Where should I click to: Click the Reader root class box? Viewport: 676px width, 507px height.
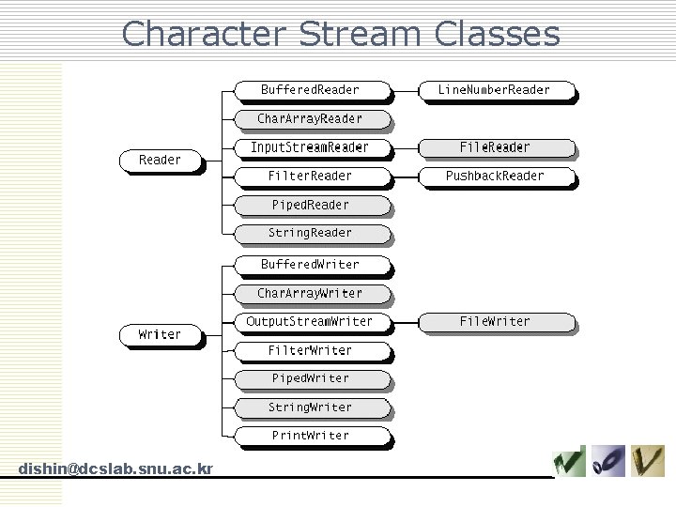point(161,161)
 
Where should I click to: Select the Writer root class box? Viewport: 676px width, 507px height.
point(161,334)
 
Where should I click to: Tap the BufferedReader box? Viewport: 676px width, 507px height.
point(310,90)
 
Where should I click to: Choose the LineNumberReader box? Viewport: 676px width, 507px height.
point(495,90)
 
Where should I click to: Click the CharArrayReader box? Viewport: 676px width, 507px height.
point(310,119)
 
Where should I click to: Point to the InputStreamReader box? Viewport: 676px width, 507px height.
point(310,147)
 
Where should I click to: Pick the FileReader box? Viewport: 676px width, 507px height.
point(495,147)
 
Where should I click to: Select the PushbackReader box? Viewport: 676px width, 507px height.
point(495,176)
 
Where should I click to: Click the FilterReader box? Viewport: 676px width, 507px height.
point(310,176)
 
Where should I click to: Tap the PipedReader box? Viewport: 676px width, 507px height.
point(310,205)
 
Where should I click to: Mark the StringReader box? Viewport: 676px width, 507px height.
point(310,233)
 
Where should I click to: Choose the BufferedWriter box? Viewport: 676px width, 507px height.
point(310,265)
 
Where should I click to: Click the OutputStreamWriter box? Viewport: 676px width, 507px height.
point(310,322)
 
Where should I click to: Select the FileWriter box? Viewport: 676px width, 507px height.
point(495,322)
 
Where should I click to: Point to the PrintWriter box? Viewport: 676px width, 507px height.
point(310,436)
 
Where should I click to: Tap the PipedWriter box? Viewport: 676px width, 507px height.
point(310,378)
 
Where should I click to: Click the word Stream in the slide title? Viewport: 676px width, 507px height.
point(361,34)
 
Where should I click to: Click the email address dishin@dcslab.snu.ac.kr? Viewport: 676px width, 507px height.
point(115,469)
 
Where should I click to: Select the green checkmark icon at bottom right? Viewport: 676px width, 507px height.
point(569,461)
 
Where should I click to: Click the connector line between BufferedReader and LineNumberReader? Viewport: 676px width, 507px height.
point(406,91)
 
